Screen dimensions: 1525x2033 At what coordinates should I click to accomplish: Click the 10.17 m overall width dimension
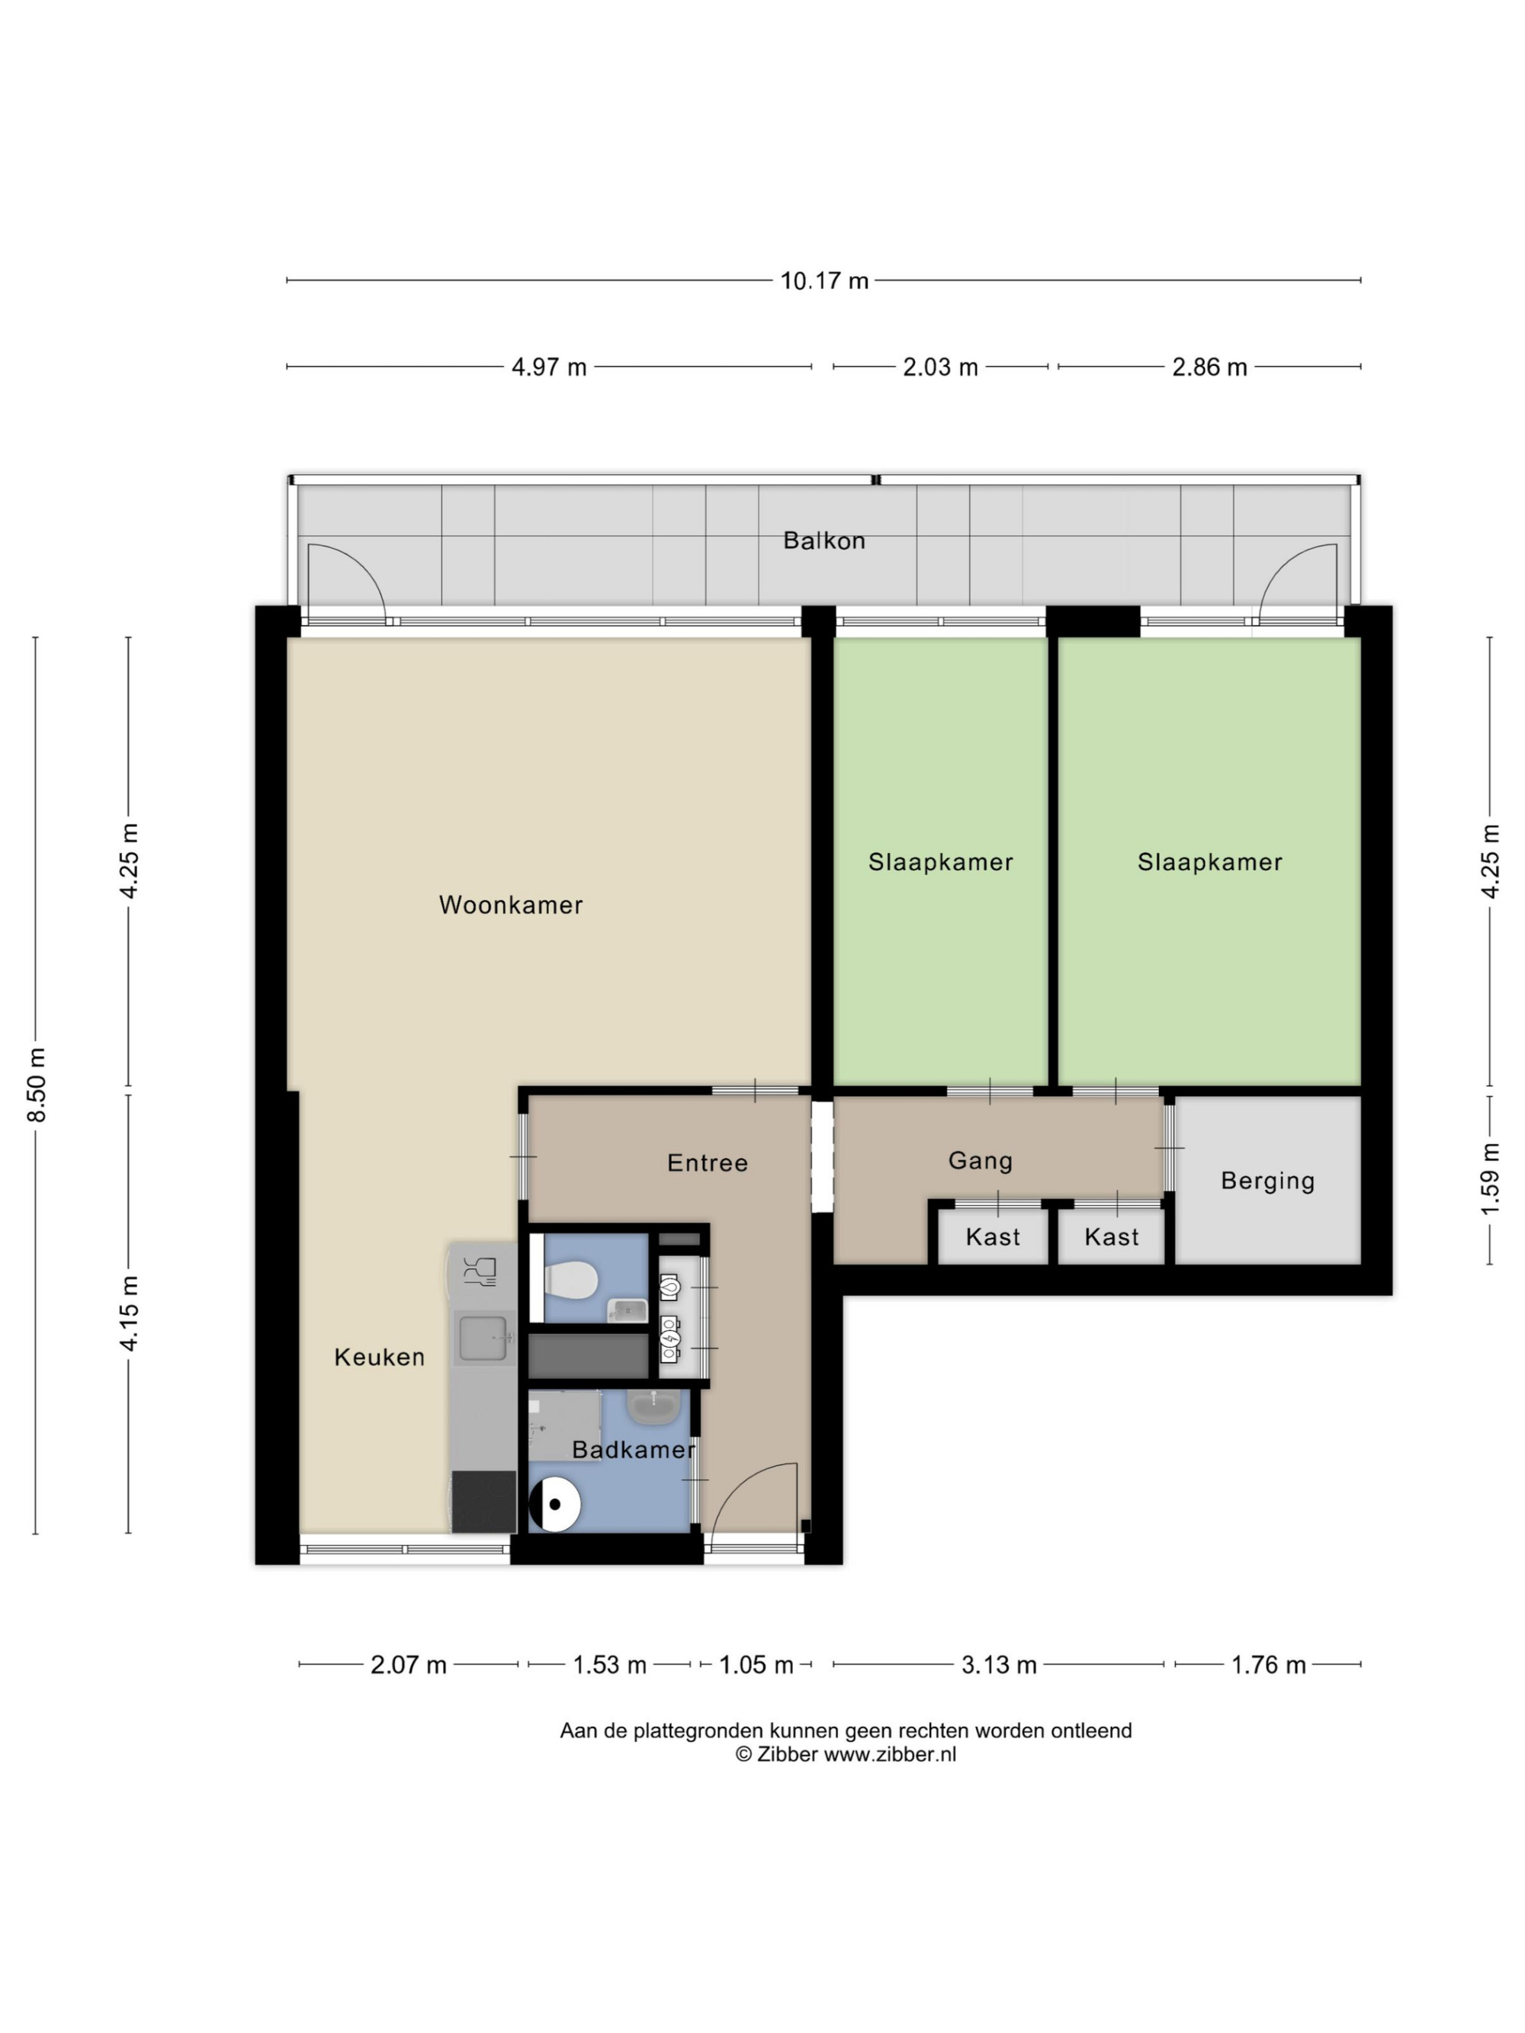coord(823,281)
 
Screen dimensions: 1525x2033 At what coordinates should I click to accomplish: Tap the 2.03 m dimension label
coord(939,367)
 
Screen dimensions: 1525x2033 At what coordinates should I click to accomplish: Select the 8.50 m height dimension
coord(37,1085)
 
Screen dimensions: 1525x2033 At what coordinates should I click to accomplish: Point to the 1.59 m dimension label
coord(1490,1179)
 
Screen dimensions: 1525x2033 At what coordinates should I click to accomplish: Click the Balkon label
coord(823,540)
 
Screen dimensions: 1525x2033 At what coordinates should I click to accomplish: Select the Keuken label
coord(380,1358)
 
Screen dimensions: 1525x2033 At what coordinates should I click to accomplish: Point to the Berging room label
coord(1267,1181)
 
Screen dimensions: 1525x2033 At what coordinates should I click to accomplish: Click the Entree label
coord(707,1162)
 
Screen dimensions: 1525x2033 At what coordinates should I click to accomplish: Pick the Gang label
coord(980,1161)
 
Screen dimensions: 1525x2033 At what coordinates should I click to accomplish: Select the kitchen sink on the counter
coord(483,1337)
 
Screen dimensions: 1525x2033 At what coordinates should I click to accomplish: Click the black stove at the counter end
coord(483,1501)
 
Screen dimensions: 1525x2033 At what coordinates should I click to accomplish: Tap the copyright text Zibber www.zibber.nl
coord(846,1753)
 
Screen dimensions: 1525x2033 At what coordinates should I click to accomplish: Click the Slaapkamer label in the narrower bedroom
coord(940,862)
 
